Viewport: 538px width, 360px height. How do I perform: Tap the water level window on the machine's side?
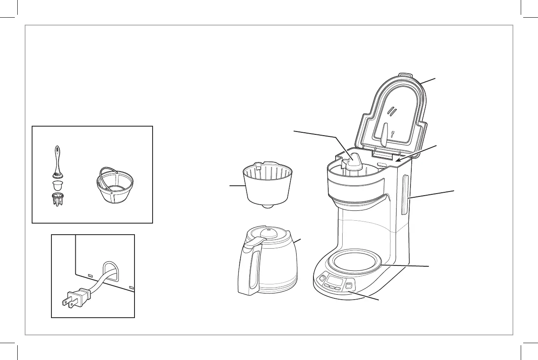click(405, 195)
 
